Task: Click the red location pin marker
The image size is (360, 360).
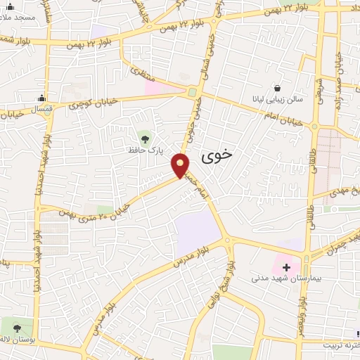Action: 181,165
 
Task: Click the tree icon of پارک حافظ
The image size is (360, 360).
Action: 146,137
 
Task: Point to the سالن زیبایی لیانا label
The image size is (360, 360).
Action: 278,99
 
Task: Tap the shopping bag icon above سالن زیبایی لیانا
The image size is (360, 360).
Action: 278,88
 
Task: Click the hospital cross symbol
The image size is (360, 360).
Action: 286,266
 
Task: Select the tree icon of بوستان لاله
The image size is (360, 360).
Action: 17,328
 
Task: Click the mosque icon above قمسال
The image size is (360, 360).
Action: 43,98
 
